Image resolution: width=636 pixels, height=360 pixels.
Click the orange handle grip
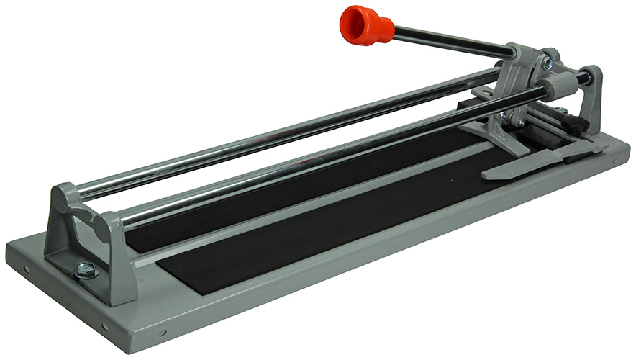[x=365, y=25]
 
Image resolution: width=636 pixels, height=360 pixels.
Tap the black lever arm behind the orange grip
[x=453, y=42]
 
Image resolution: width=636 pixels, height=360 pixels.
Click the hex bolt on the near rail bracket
[x=85, y=270]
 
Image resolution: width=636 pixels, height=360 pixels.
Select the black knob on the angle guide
[x=575, y=124]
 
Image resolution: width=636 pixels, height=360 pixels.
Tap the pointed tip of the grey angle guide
[x=488, y=174]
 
